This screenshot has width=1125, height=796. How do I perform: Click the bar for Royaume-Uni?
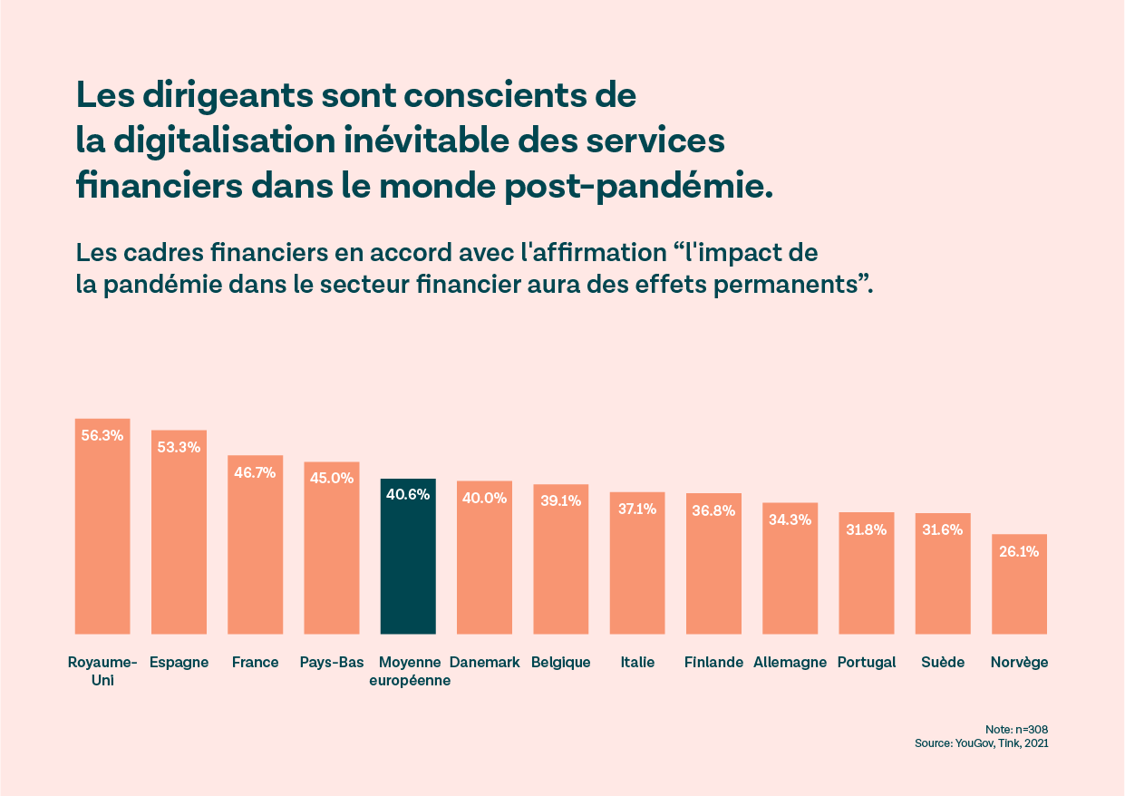click(x=102, y=535)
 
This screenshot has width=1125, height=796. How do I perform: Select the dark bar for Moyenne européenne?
click(x=408, y=562)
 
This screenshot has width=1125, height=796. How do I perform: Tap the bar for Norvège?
click(x=1019, y=589)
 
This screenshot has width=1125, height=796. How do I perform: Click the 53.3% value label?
click(x=179, y=446)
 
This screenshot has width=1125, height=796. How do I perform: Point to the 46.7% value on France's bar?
click(x=255, y=471)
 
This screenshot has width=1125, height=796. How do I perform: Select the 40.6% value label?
click(x=408, y=495)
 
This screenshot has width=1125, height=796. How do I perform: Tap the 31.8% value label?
click(x=866, y=529)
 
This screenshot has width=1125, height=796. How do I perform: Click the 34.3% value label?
click(x=790, y=519)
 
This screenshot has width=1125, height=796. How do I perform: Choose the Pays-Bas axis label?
click(x=332, y=662)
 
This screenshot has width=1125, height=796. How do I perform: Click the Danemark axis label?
click(x=484, y=662)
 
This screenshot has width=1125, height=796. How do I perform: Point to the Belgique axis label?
click(x=561, y=662)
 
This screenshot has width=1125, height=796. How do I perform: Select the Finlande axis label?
click(x=713, y=662)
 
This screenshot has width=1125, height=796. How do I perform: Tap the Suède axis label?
click(x=943, y=662)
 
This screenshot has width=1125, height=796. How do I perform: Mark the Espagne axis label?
click(x=179, y=662)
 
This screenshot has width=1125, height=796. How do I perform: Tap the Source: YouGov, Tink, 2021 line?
click(x=982, y=743)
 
